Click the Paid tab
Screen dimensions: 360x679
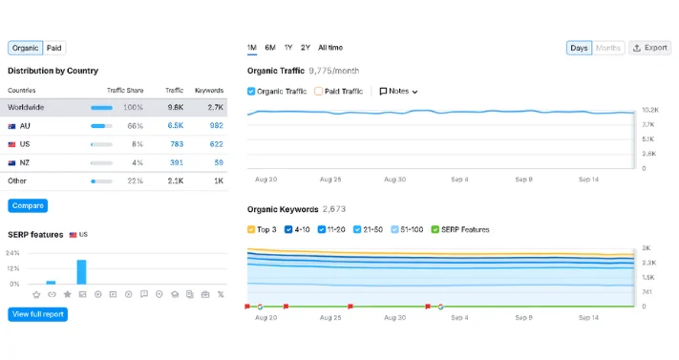(54, 48)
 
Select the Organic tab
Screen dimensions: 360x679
(25, 48)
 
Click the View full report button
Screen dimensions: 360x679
(38, 314)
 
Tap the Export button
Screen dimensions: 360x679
(650, 48)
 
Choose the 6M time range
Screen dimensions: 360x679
(270, 48)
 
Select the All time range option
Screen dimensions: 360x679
(330, 48)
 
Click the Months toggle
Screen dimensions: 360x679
(608, 48)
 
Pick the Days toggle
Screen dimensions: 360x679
(579, 48)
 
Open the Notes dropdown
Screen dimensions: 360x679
(398, 92)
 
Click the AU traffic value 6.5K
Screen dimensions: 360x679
(175, 125)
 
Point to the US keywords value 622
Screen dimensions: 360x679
(216, 144)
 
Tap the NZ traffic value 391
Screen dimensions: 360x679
(176, 162)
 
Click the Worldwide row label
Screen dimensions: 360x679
(26, 107)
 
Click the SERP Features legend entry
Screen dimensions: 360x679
(461, 229)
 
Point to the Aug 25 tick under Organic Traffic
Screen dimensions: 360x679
(330, 179)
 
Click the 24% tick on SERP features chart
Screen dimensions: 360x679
(12, 253)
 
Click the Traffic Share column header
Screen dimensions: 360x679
(124, 90)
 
